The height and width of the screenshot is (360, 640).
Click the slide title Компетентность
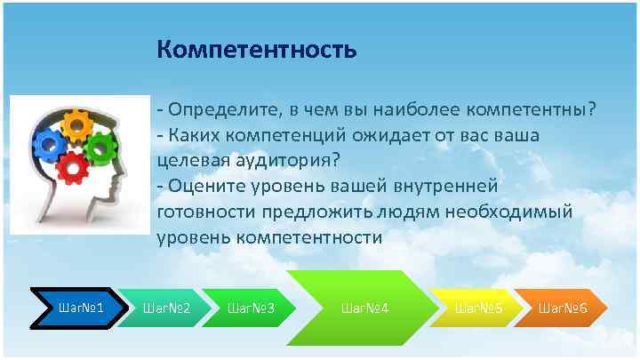click(257, 49)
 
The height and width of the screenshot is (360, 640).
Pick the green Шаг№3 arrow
click(250, 308)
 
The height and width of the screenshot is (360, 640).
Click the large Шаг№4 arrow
click(365, 308)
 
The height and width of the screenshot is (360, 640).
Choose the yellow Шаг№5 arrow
click(477, 308)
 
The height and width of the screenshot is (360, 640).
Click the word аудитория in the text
click(290, 161)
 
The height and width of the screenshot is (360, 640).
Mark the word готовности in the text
click(204, 212)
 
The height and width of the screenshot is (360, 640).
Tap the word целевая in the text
click(188, 161)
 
